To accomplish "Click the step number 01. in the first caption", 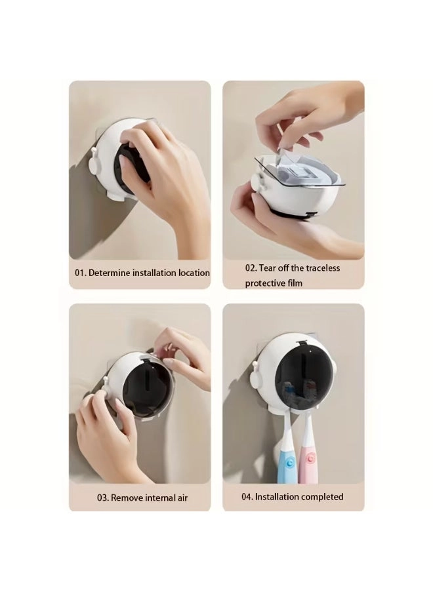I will point(80,273).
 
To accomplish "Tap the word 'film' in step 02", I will point(295,283).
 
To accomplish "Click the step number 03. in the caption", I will point(103,498).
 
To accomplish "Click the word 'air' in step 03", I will point(182,498).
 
